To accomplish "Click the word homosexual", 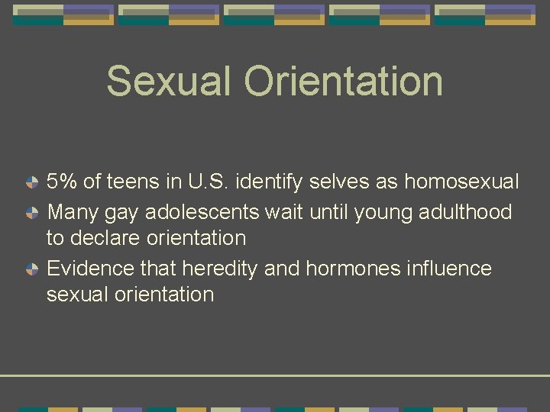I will point(461,182).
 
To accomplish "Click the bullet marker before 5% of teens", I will point(31,182).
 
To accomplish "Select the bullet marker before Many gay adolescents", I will point(31,211).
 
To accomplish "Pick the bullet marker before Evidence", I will point(31,269).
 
